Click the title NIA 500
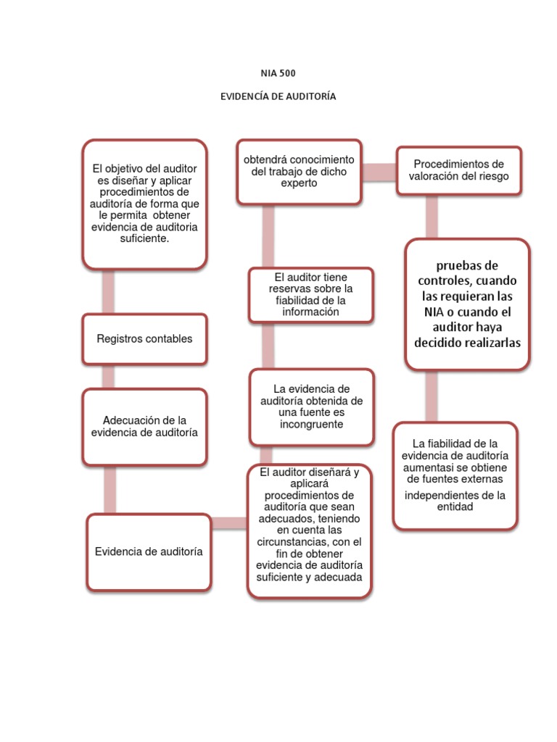point(278,72)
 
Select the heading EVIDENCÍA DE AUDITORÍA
point(278,96)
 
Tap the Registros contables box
point(144,338)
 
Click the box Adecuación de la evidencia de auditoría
point(144,426)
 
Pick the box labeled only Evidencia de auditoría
point(149,551)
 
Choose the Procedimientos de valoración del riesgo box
point(458,170)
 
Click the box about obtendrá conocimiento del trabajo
point(299,171)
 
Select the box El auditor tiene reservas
point(310,294)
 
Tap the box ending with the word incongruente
point(311,406)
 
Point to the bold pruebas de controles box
point(467,304)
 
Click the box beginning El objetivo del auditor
point(144,204)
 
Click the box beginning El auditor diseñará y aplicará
point(309,530)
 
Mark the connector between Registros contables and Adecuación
point(108,376)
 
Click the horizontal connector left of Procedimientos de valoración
point(379,171)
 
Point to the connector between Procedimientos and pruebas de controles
point(432,216)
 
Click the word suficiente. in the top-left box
point(144,238)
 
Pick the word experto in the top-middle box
point(299,183)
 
